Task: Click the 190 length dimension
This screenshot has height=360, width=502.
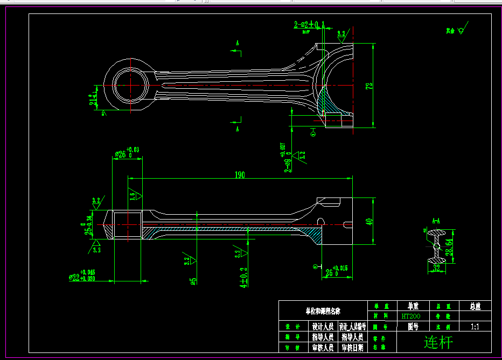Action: [239, 175]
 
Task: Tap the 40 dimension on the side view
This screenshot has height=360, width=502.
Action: [369, 221]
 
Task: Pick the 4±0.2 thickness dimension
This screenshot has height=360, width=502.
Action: [243, 277]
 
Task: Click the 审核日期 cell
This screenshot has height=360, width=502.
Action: [352, 348]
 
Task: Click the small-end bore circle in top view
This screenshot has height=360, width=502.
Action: [130, 86]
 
